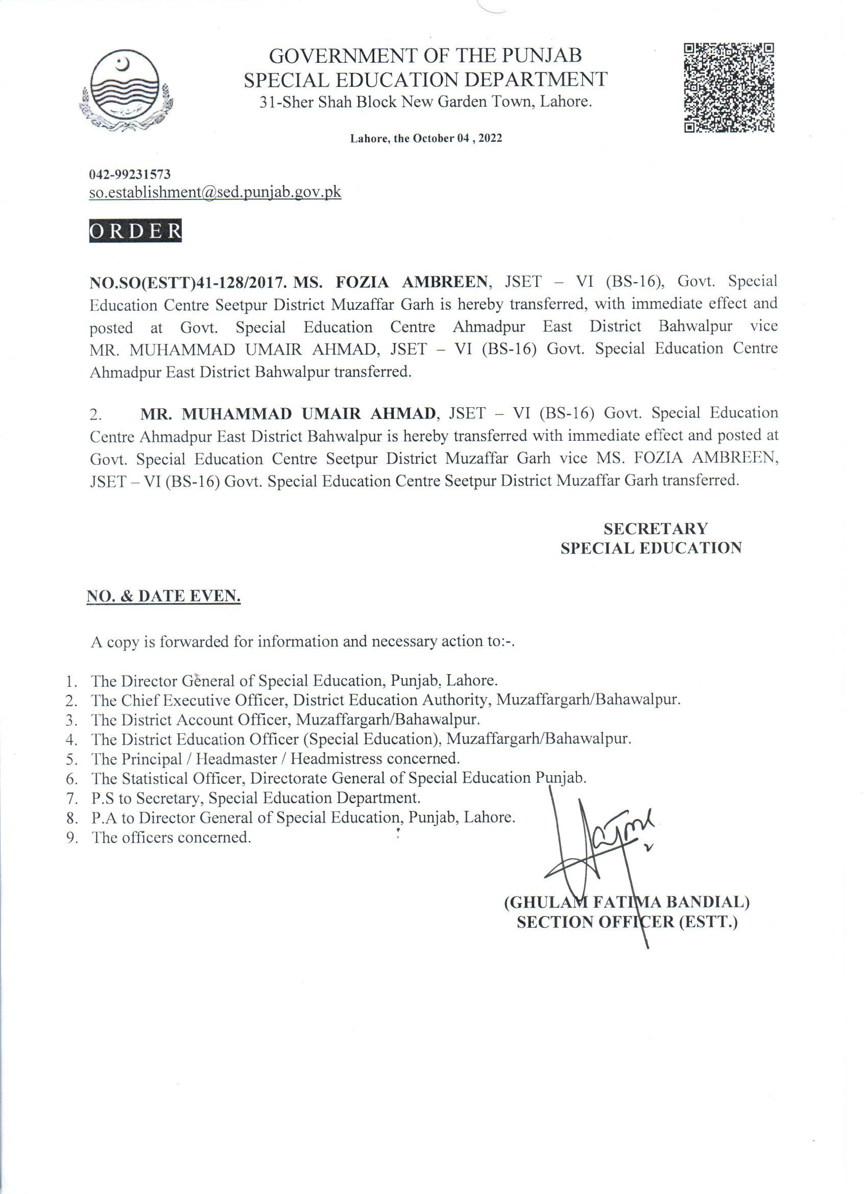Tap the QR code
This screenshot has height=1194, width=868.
coord(729,87)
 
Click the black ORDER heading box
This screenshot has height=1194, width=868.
coord(135,231)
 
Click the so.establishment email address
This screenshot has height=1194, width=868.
coord(215,193)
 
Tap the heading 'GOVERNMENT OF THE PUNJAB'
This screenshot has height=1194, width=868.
coord(425,55)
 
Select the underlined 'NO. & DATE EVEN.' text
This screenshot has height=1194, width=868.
coord(163,596)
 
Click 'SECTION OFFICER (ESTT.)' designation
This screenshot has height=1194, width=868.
coord(628,923)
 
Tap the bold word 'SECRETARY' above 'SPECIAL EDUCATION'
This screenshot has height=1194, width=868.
coord(655,528)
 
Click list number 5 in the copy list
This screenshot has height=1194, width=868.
coord(72,760)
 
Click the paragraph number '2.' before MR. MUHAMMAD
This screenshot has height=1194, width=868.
coord(96,415)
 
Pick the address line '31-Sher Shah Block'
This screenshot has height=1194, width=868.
coord(425,102)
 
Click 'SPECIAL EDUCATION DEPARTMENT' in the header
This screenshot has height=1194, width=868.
coord(425,79)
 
